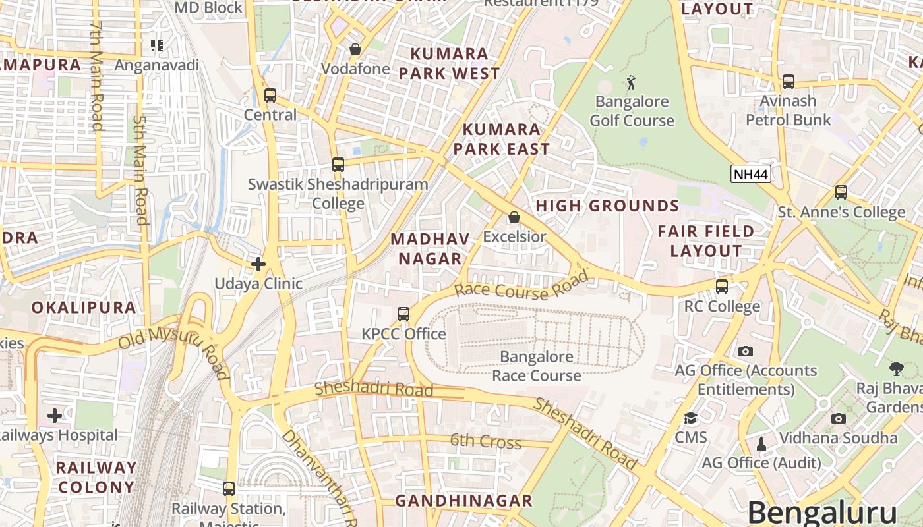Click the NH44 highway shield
pyautogui.click(x=751, y=174)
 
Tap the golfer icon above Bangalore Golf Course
pyautogui.click(x=632, y=82)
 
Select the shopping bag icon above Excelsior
pyautogui.click(x=514, y=217)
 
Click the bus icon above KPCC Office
pyautogui.click(x=403, y=314)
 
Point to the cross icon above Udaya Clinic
pyautogui.click(x=258, y=264)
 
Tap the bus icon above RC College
pyautogui.click(x=722, y=287)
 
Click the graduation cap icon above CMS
pyautogui.click(x=690, y=418)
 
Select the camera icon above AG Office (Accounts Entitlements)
pyautogui.click(x=746, y=351)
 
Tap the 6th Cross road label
pyautogui.click(x=486, y=441)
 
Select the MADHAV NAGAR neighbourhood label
pyautogui.click(x=431, y=248)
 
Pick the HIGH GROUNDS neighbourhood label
pyautogui.click(x=607, y=206)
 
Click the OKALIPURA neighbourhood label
pyautogui.click(x=84, y=308)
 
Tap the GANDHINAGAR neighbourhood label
pyautogui.click(x=463, y=501)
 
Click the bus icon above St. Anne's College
pyautogui.click(x=841, y=192)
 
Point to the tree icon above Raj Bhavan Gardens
pyautogui.click(x=896, y=368)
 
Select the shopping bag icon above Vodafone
pyautogui.click(x=355, y=49)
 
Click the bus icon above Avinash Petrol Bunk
pyautogui.click(x=789, y=82)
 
